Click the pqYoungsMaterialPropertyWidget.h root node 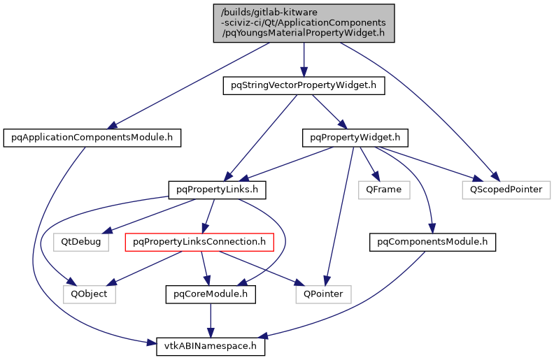tap(304, 23)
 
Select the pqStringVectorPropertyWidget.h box tap(304, 86)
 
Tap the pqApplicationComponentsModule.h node tap(92, 138)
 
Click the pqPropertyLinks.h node tap(208, 189)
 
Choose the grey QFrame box tap(383, 189)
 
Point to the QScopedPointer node tap(506, 189)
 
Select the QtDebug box tap(81, 242)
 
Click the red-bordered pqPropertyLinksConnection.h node tap(199, 242)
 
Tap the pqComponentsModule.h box tap(432, 242)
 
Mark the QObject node tap(90, 294)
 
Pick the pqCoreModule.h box tap(209, 294)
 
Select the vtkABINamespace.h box tap(210, 345)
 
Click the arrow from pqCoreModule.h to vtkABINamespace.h tap(209, 319)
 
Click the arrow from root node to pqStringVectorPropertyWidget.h tap(304, 59)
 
